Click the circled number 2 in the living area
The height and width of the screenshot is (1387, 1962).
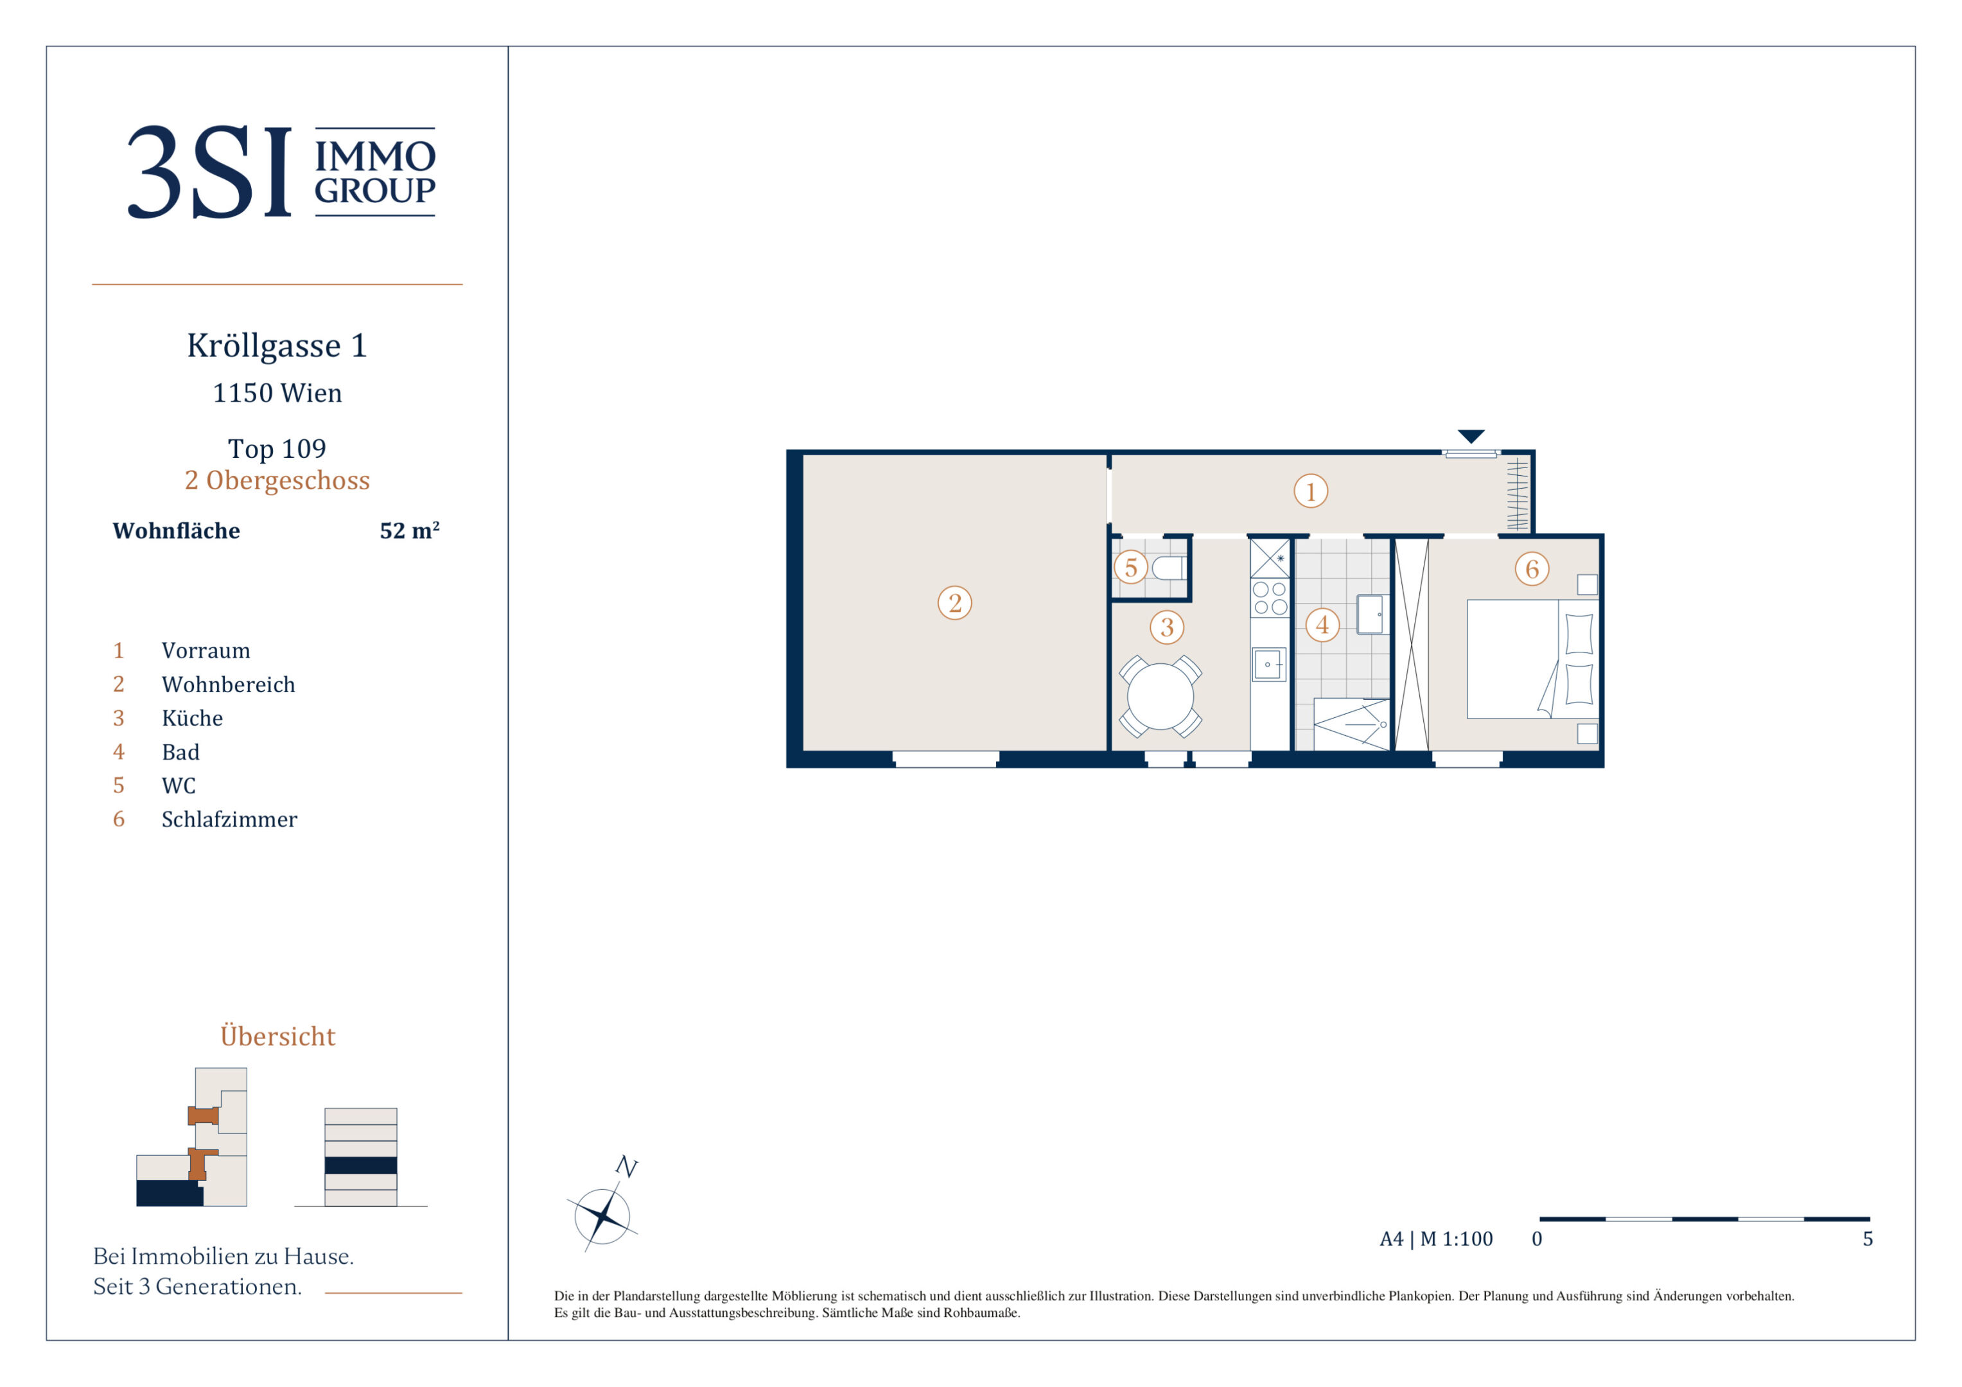click(954, 602)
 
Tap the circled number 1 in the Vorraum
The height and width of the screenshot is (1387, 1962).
click(1311, 491)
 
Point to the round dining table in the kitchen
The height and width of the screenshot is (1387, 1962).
click(1161, 697)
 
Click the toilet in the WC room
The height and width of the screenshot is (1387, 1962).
click(1168, 568)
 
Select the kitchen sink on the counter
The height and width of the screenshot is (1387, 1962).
click(1269, 664)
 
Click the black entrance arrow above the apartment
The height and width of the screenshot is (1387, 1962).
click(1471, 436)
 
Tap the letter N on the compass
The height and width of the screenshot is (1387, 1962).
click(626, 1167)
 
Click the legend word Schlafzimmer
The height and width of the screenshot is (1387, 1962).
click(229, 819)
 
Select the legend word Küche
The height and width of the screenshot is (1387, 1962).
click(192, 718)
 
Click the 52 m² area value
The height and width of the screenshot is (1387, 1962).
click(409, 530)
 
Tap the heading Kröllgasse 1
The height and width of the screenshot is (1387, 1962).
click(277, 345)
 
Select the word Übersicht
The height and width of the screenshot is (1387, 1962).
click(277, 1035)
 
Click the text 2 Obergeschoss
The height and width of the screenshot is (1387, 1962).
click(277, 480)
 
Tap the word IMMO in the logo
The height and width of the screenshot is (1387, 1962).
click(375, 157)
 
